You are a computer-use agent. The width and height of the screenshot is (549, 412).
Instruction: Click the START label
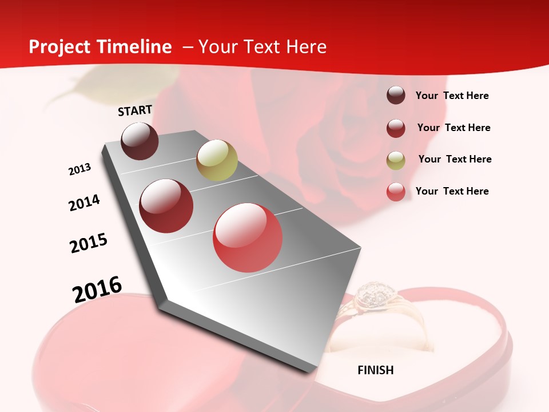pos(135,110)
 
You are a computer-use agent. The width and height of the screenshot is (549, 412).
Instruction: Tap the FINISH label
pos(376,370)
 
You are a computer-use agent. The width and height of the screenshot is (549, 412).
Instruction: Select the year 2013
pos(79,169)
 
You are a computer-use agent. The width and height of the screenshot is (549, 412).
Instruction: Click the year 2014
pos(84,203)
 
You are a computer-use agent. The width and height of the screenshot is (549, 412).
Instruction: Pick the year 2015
pos(89,243)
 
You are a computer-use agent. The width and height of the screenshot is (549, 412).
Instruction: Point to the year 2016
pos(97,290)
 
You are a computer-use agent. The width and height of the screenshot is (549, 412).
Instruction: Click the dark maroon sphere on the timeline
pos(140,141)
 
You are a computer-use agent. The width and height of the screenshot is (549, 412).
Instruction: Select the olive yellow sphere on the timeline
pos(217,160)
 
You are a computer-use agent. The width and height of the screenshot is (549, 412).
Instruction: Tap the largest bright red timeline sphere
pos(248,237)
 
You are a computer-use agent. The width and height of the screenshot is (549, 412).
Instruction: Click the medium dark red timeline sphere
pos(166,206)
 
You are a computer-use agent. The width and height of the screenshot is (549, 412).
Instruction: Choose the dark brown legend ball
pos(396,96)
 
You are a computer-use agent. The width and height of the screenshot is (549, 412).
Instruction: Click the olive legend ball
pos(396,160)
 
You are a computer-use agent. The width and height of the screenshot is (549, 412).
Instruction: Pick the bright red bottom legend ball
pos(396,192)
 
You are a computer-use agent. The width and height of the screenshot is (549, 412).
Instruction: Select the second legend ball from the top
pos(396,128)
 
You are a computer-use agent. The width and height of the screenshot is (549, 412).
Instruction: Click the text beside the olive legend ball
pos(455,159)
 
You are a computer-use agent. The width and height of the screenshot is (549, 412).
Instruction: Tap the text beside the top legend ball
pos(452,96)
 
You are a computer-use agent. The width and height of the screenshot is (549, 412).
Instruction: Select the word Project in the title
pos(60,47)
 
